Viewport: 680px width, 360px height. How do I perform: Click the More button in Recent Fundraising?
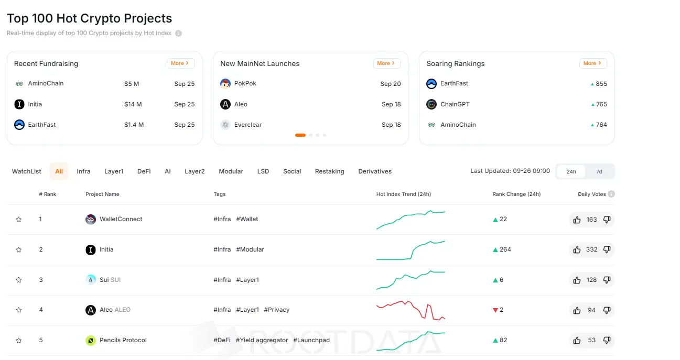[180, 63]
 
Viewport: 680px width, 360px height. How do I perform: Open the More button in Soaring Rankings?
[593, 63]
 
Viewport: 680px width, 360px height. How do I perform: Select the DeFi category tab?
[144, 171]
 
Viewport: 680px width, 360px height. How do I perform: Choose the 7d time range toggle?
[599, 171]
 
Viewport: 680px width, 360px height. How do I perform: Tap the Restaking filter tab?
[329, 171]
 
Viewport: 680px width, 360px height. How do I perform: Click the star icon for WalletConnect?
[19, 220]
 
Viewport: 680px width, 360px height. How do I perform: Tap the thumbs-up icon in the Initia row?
[577, 250]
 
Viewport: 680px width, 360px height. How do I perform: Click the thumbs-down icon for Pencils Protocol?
[607, 340]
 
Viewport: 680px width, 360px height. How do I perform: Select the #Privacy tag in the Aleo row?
[276, 310]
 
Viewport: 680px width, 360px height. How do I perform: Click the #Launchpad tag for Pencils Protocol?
[311, 340]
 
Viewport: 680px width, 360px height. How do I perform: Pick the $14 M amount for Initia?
[133, 104]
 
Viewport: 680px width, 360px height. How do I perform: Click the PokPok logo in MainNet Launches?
[225, 84]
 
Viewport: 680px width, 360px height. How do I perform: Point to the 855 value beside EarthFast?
[601, 84]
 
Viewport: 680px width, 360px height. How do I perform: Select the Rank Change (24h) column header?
[516, 194]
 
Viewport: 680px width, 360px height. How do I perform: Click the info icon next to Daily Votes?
[611, 194]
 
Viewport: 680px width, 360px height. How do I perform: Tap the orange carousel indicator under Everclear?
[300, 135]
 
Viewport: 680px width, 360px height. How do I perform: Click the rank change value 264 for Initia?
[505, 249]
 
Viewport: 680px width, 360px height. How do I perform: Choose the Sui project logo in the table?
[91, 280]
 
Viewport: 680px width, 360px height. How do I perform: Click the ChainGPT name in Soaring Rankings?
[455, 104]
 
